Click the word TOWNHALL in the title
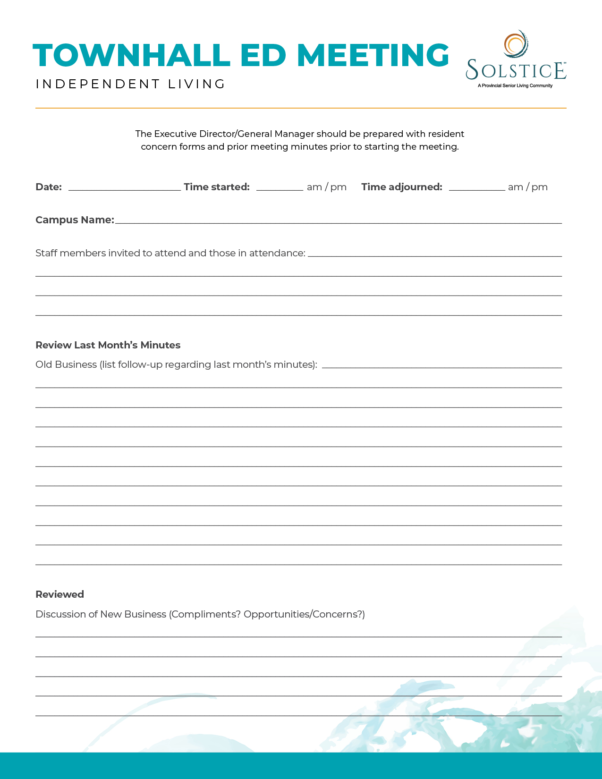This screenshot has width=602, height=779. (131, 55)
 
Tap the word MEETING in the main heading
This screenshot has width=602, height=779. (373, 55)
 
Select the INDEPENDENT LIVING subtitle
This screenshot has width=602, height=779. (130, 84)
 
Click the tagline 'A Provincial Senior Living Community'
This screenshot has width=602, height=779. (515, 86)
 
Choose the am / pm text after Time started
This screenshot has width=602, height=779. (327, 187)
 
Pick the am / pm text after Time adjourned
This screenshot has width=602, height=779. (528, 187)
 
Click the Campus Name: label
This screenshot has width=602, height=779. (75, 220)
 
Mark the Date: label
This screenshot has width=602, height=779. (49, 187)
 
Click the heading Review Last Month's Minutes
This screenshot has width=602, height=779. (108, 345)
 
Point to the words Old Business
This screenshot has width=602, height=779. (66, 364)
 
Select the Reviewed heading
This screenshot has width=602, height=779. (60, 594)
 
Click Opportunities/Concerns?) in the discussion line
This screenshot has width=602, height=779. (304, 614)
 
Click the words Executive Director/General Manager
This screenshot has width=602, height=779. (234, 134)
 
